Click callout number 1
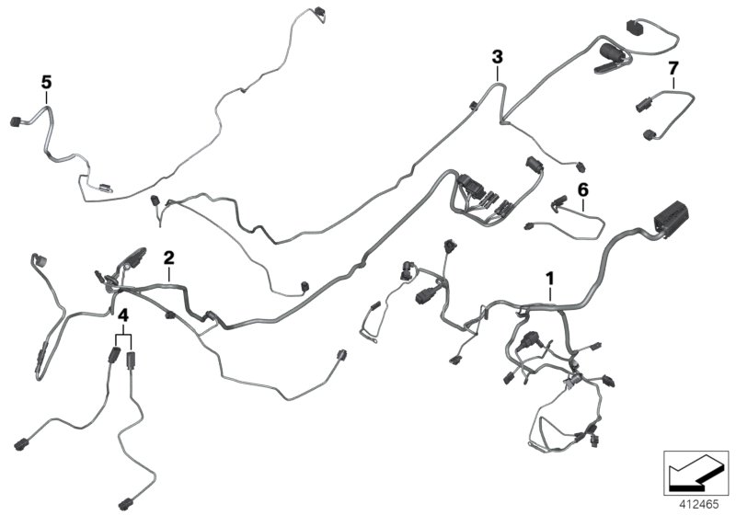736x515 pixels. pyautogui.click(x=550, y=276)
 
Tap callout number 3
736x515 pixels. pyautogui.click(x=497, y=57)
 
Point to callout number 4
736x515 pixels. pyautogui.click(x=122, y=316)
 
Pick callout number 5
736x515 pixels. pyautogui.click(x=46, y=82)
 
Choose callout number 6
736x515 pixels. pyautogui.click(x=581, y=189)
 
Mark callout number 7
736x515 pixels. pyautogui.click(x=673, y=69)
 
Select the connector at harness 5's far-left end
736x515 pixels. pyautogui.click(x=15, y=121)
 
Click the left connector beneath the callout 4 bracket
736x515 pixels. pyautogui.click(x=114, y=359)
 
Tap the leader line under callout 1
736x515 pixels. pyautogui.click(x=550, y=292)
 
